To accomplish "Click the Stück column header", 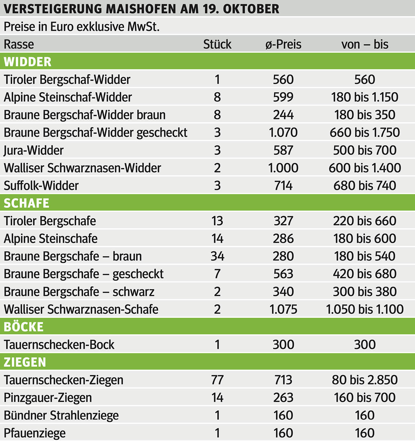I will (217, 44).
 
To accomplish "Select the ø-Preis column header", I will (283, 44).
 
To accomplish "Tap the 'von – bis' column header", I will (364, 44).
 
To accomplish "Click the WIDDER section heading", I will (27, 62).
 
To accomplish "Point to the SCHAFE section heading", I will (26, 203).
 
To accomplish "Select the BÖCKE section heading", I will (23, 327).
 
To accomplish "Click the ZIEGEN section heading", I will (25, 362).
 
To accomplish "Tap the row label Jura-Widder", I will (33, 150).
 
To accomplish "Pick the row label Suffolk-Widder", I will (41, 186).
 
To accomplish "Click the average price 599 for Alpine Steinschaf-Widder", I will (283, 97).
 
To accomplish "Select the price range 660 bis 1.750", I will (364, 133).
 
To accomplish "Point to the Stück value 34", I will (217, 256).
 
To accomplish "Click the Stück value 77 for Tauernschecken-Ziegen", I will (217, 380).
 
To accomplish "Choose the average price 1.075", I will (283, 309).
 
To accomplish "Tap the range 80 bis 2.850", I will (364, 380).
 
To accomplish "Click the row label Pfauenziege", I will (34, 433).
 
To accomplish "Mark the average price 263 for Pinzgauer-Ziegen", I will (283, 398).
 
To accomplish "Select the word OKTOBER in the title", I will (251, 9).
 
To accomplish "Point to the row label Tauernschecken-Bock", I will (59, 345).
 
